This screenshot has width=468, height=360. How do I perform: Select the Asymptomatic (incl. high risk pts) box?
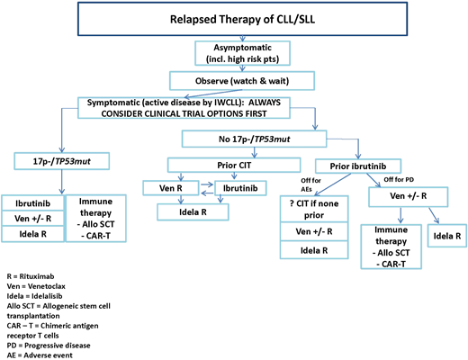[234, 51]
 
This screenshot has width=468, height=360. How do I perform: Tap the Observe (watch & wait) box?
[234, 78]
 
